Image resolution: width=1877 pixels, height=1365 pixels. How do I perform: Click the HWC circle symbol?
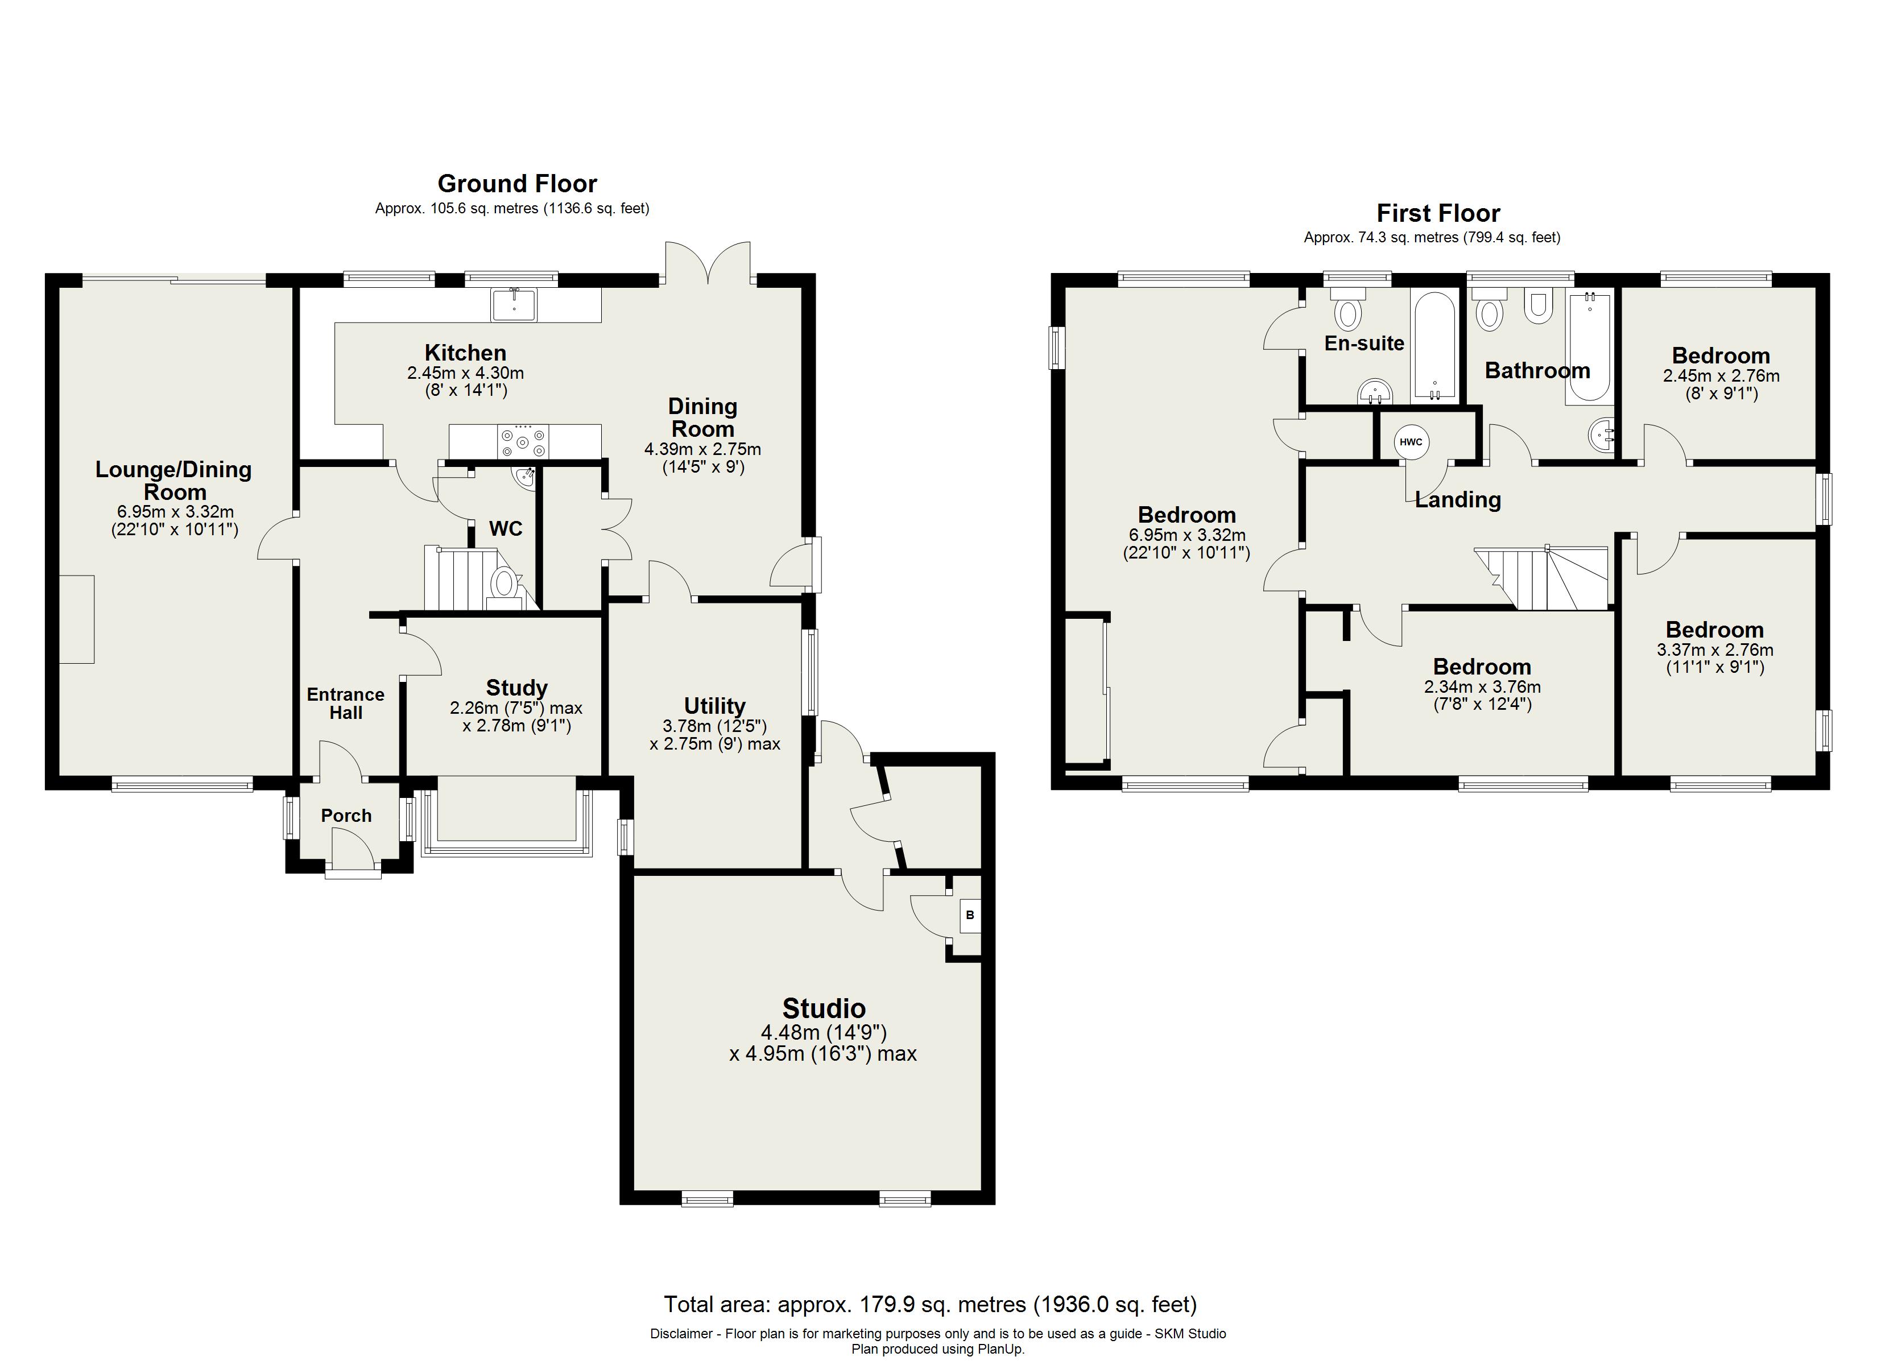1411,442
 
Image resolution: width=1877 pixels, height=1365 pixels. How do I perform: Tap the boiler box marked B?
970,916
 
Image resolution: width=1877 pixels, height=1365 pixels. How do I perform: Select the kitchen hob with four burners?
522,441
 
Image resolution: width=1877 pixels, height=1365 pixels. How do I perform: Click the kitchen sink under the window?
514,305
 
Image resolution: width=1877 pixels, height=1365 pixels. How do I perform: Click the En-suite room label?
1364,344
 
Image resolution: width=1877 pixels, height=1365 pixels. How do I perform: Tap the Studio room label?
824,1008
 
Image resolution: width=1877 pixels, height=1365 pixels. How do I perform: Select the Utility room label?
714,706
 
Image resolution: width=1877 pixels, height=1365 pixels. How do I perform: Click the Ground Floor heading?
517,183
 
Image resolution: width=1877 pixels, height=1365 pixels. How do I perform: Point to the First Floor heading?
1438,213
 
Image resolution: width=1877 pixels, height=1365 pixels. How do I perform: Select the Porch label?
346,816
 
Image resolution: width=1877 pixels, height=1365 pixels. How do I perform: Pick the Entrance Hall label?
346,704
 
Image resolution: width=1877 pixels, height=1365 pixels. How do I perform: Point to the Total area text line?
930,1305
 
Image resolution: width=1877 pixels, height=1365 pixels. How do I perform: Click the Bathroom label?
1537,370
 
